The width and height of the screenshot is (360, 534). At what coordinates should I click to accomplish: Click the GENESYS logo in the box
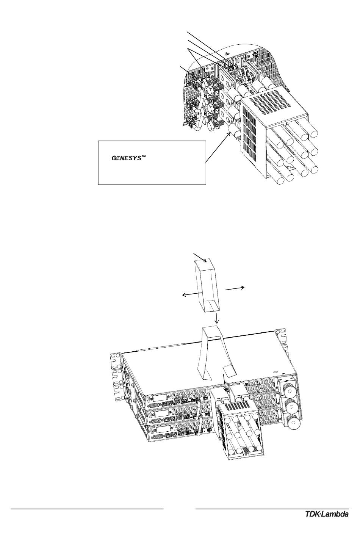pos(126,158)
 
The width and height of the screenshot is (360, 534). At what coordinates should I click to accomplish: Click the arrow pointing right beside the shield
pos(236,288)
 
